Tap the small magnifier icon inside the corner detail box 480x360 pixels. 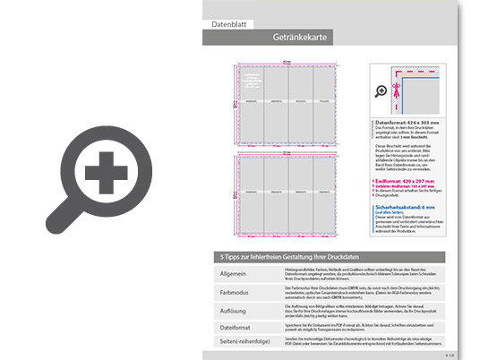click(x=380, y=89)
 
